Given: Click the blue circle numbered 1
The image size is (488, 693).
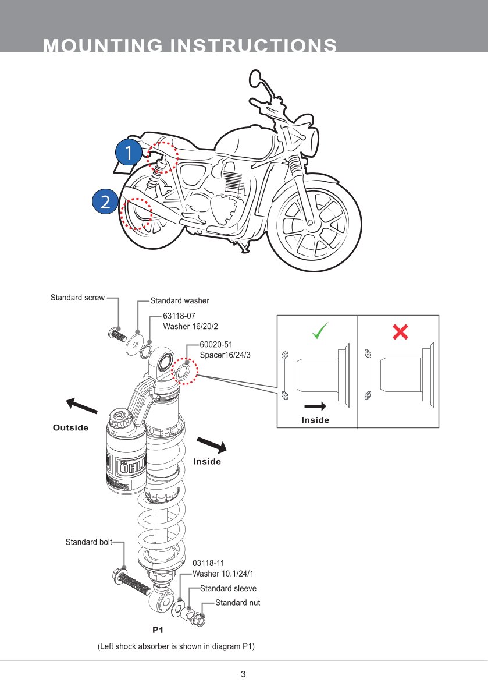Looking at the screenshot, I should pos(128,153).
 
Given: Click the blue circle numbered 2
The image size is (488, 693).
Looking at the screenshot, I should pos(105,201).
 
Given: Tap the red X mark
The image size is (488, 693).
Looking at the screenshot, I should pos(400,332).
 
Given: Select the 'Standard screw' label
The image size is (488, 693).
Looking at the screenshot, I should pos(77,298).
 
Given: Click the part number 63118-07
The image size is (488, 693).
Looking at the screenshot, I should pos(179,316).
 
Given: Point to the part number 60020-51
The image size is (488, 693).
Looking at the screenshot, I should pos(216,344).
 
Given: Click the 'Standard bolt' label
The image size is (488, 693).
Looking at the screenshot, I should pos(88,542).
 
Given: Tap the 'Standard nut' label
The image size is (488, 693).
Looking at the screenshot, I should pos(237,603).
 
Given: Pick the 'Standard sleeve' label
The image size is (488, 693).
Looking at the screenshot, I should pos(228,588).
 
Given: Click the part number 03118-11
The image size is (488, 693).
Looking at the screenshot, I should pos(208,563).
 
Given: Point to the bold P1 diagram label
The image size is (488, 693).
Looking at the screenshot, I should pos(158,630).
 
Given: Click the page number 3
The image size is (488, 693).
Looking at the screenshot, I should pos(243,674).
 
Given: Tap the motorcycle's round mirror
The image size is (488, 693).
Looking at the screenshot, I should pos(256,77).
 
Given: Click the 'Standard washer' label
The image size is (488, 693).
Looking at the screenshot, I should pos(180,301).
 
